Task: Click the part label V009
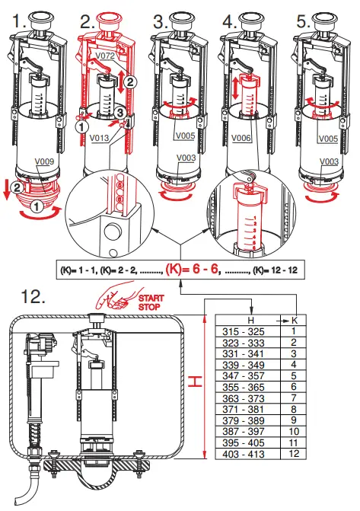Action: (x=44, y=161)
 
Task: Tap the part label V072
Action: (x=105, y=56)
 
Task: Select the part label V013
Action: (x=99, y=138)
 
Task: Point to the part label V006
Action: (x=241, y=138)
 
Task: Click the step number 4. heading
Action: (x=230, y=22)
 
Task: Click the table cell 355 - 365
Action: (x=244, y=387)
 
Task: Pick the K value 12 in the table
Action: (x=294, y=453)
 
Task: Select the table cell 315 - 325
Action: (x=244, y=332)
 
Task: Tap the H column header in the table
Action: (x=250, y=320)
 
